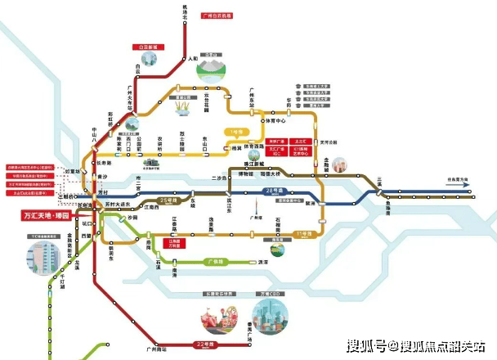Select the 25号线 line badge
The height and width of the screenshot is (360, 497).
168,200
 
